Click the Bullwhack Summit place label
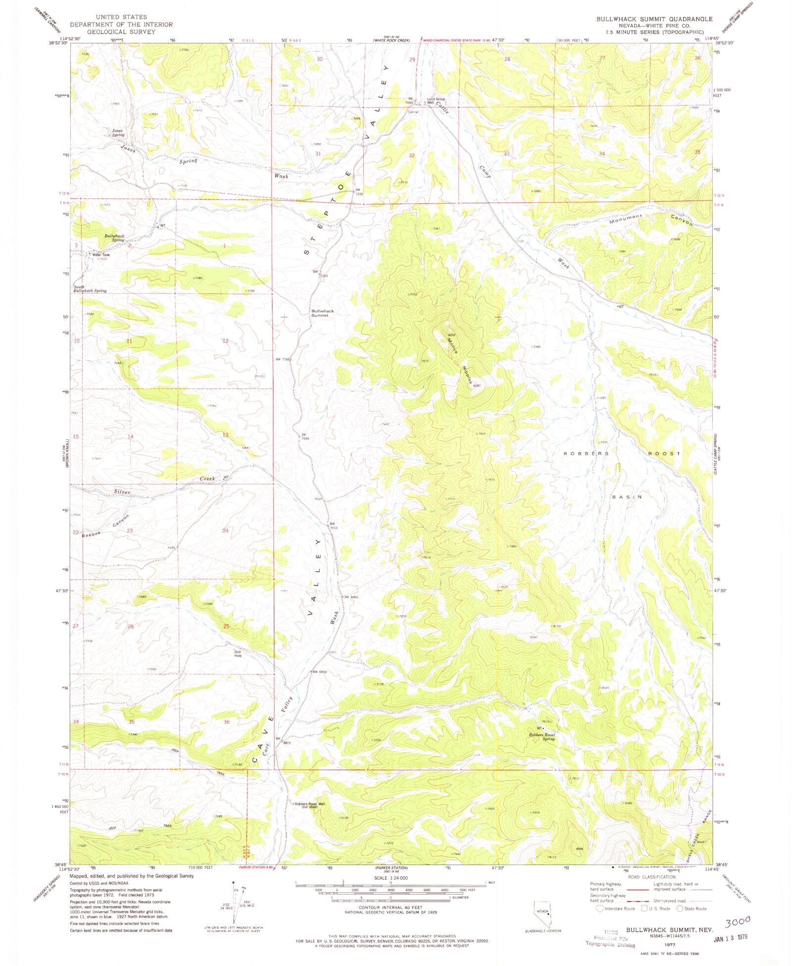tap(322, 313)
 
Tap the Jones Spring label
tap(117, 133)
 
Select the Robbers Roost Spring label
tap(542, 737)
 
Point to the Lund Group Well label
tap(436, 101)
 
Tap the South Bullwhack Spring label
tap(90, 289)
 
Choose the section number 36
tap(226, 722)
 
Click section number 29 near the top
tap(412, 59)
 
